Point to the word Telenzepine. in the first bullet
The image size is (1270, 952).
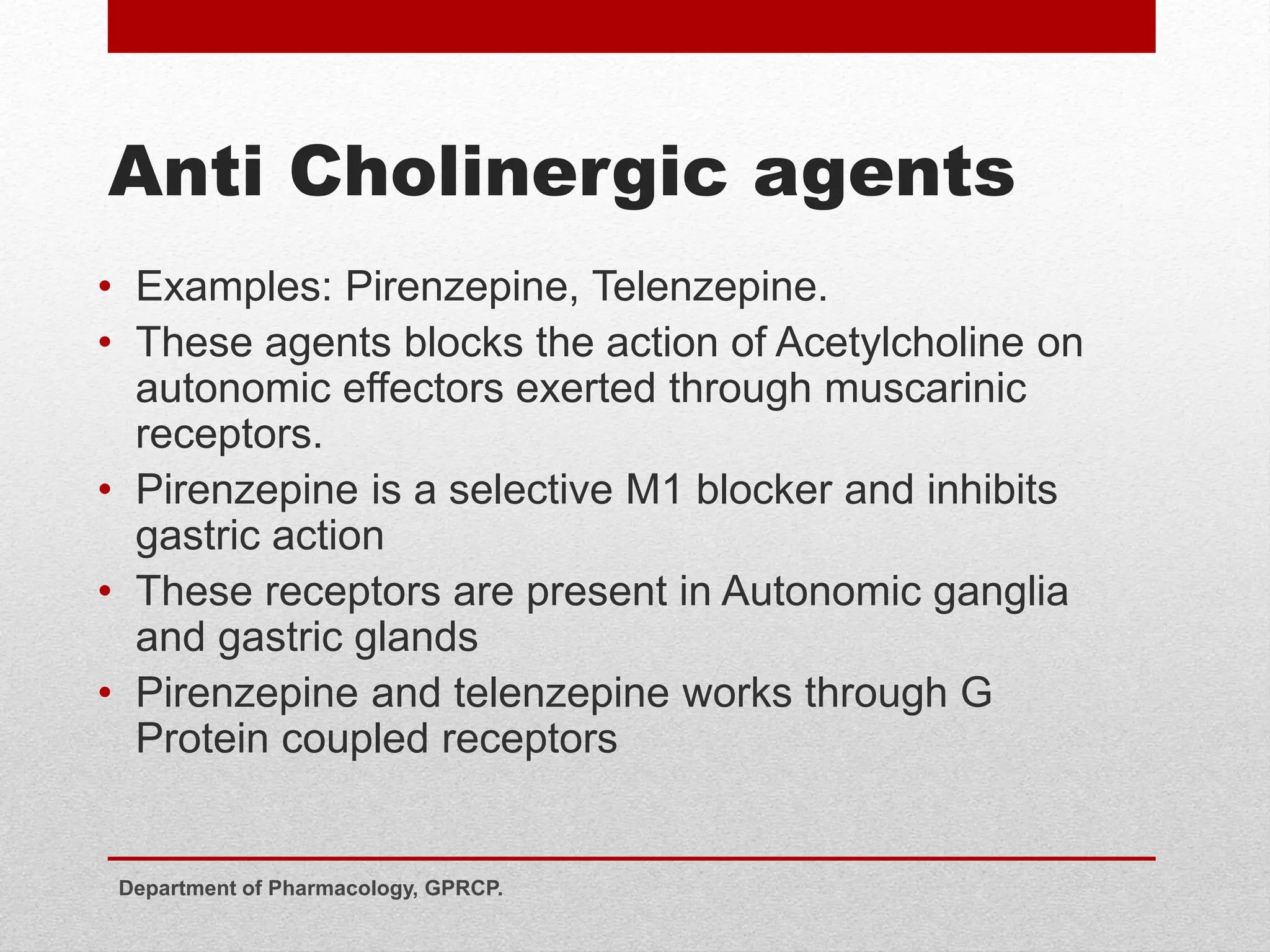point(709,287)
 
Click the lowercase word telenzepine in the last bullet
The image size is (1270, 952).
point(562,694)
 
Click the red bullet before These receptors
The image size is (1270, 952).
point(106,591)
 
